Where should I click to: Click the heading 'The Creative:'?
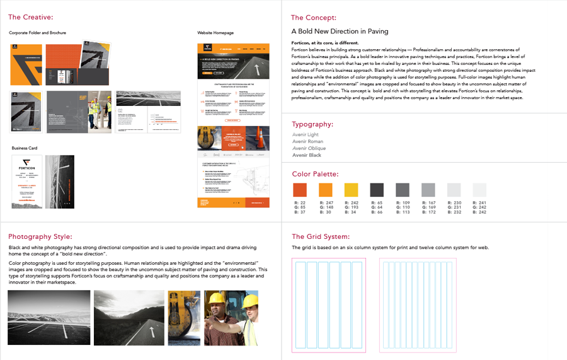coord(31,17)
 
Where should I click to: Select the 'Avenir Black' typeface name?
coord(307,155)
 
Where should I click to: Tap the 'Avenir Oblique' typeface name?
coord(309,148)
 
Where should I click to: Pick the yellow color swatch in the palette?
coord(351,190)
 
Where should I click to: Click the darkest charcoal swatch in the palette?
coord(376,190)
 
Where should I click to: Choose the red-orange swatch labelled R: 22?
coord(300,190)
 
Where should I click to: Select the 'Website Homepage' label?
coord(215,33)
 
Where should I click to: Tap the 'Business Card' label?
coord(25,148)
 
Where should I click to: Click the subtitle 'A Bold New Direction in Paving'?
coord(340,31)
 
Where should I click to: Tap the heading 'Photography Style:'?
coord(40,237)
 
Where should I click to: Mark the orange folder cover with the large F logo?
coord(26,65)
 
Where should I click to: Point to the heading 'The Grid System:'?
coord(320,237)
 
